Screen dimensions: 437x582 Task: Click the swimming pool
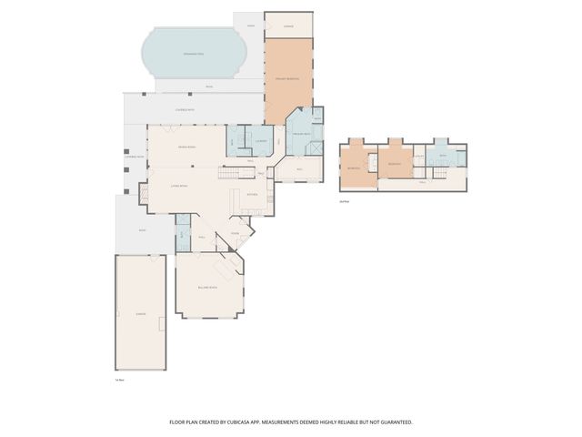195,56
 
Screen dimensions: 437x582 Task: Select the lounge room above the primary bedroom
288,26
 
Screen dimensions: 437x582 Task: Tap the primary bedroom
287,82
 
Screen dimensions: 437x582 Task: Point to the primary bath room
301,135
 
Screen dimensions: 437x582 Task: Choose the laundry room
261,141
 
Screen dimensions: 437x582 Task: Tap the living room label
179,186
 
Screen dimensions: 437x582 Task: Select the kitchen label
253,194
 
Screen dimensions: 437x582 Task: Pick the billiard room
208,287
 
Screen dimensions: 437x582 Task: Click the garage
140,312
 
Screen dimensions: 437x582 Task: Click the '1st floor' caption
119,379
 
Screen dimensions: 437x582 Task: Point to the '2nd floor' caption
344,201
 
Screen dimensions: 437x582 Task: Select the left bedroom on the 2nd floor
355,168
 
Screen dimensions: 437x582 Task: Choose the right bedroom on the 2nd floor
394,165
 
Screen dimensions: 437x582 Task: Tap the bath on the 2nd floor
443,157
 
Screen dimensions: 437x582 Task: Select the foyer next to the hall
235,233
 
